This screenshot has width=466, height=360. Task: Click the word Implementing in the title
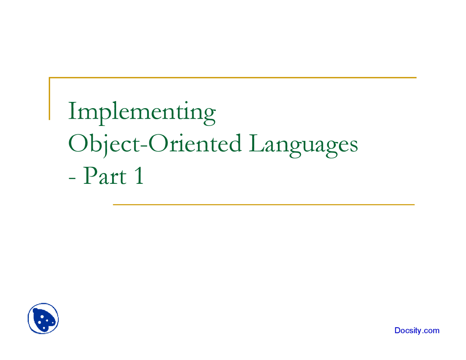[x=142, y=113]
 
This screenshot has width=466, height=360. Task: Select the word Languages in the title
[x=303, y=146]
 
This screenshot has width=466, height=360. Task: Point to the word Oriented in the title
[x=195, y=143]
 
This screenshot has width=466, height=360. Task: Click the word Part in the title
[x=105, y=176]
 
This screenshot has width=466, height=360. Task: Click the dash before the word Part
[x=72, y=178]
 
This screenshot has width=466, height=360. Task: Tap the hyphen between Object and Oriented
[x=144, y=146]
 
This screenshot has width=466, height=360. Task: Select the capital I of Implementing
[x=72, y=111]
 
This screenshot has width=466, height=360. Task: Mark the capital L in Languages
[x=257, y=143]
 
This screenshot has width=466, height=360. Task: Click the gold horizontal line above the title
[x=233, y=78]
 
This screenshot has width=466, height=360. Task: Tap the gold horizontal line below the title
[x=264, y=205]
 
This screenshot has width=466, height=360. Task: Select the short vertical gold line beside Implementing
[x=50, y=99]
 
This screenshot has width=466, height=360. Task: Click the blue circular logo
[x=43, y=319]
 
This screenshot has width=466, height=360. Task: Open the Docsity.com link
[x=417, y=331]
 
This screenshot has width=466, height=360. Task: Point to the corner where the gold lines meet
[x=50, y=78]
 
